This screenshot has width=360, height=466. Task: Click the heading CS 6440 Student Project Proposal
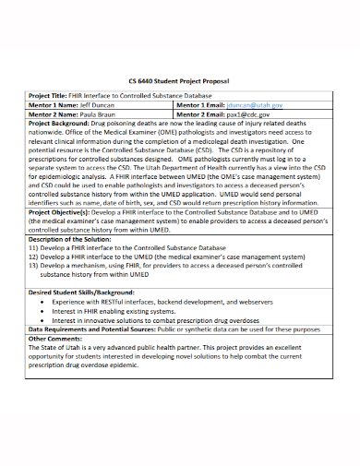point(179,80)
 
